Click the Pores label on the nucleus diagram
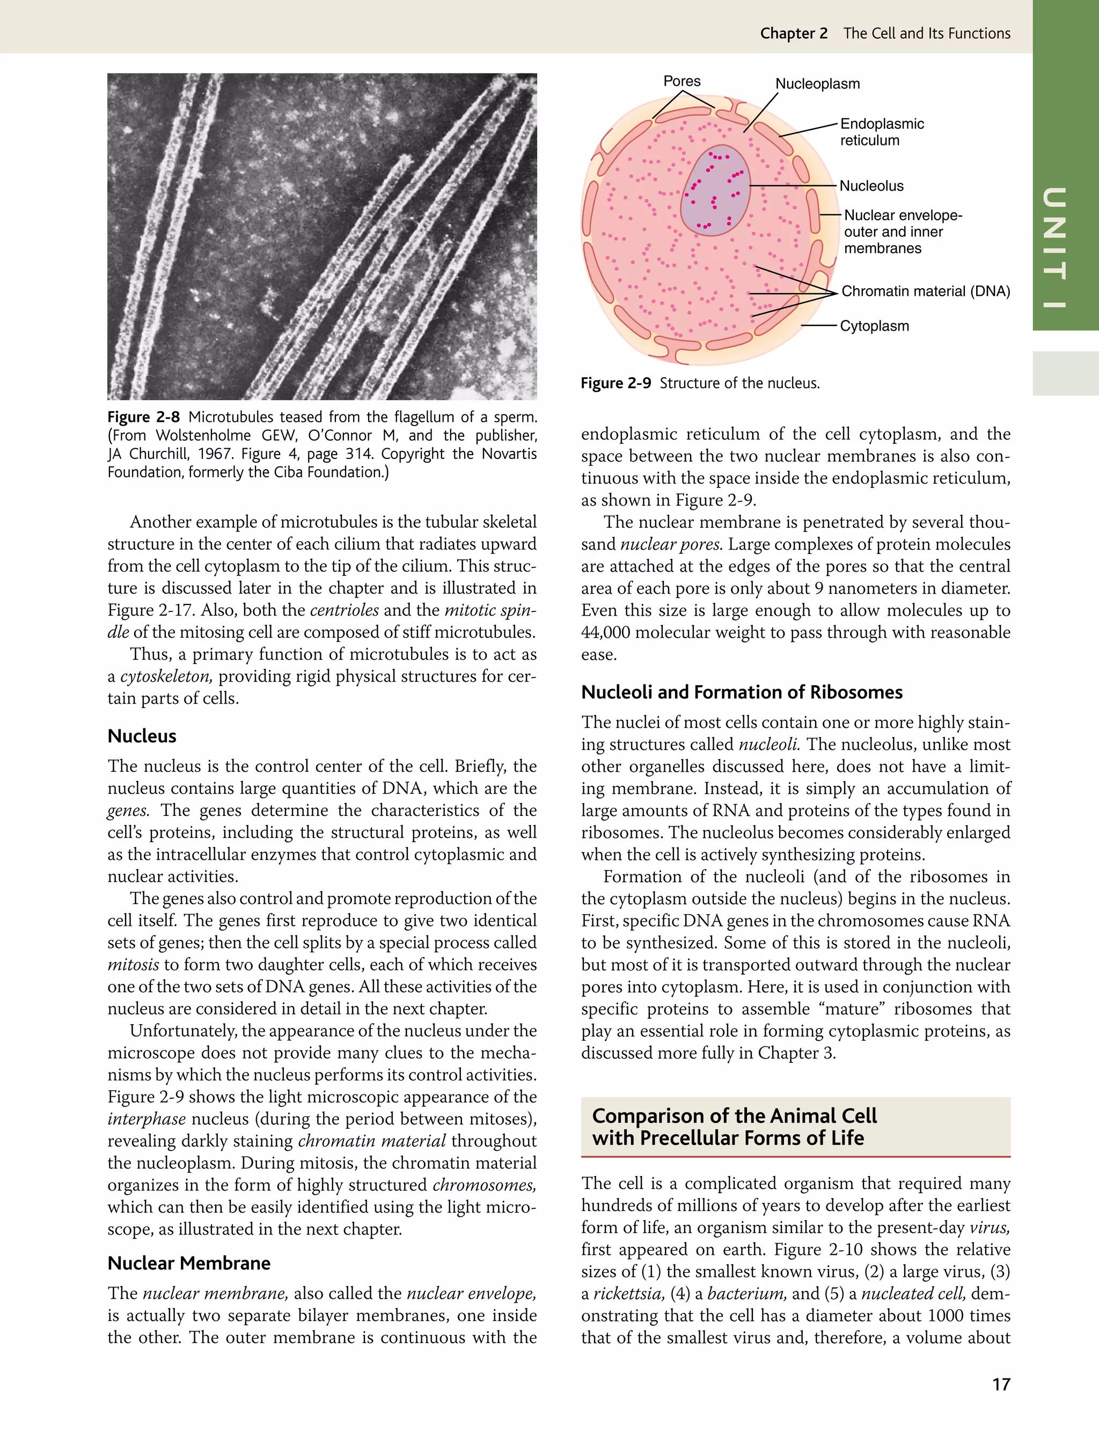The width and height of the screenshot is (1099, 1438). click(682, 81)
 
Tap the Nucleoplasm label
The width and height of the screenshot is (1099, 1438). click(817, 84)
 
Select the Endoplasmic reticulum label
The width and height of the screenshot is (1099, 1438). click(881, 132)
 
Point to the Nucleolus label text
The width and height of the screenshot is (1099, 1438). click(871, 186)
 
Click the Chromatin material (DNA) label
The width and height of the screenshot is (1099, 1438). click(925, 291)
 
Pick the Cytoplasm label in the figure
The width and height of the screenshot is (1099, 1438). click(874, 326)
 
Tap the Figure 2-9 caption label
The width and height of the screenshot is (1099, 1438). click(616, 383)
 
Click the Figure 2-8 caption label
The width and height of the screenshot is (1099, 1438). click(143, 417)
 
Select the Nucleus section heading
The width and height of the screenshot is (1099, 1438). click(142, 736)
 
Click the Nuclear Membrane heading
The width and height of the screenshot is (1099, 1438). click(189, 1262)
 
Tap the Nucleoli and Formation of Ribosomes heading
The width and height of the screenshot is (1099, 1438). click(741, 692)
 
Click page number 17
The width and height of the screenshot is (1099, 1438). click(1001, 1384)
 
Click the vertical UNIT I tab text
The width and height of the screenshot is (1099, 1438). click(1054, 248)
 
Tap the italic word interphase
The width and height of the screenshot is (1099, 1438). click(146, 1119)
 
